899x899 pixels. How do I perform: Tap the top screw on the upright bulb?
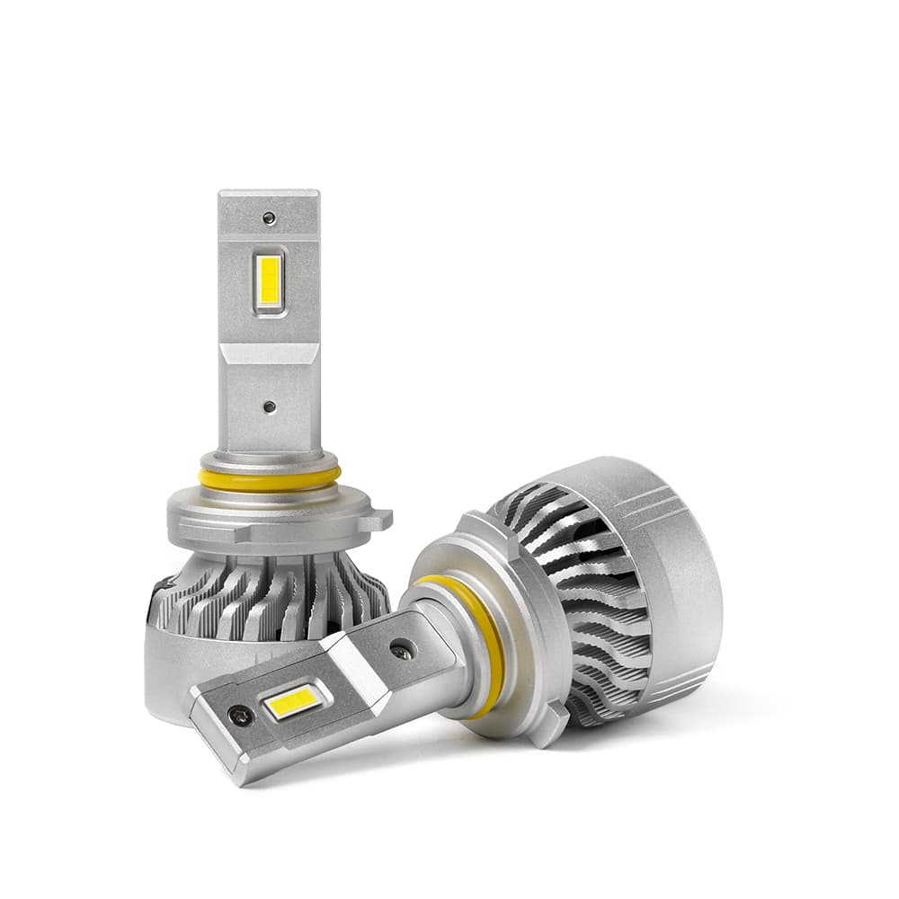pyautogui.click(x=268, y=218)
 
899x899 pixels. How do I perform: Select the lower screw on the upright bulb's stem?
pyautogui.click(x=269, y=406)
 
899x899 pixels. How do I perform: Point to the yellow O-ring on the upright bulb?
pyautogui.click(x=270, y=478)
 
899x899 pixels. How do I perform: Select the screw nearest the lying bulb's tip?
pyautogui.click(x=240, y=716)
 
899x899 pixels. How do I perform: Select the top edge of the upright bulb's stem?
pyautogui.click(x=269, y=192)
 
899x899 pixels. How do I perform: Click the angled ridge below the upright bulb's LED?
pyautogui.click(x=269, y=352)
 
